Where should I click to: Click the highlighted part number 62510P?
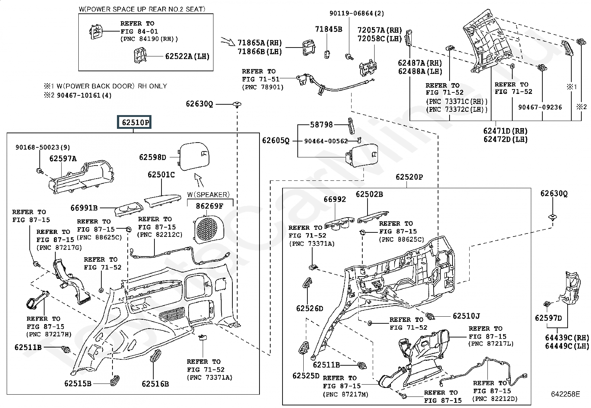pyautogui.click(x=134, y=122)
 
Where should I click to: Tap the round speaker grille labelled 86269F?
pyautogui.click(x=207, y=228)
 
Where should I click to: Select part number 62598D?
pyautogui.click(x=153, y=157)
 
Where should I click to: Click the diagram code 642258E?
pyautogui.click(x=565, y=394)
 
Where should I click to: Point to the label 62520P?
pyautogui.click(x=409, y=177)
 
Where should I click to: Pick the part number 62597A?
pyautogui.click(x=63, y=159)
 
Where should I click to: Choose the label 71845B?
pyautogui.click(x=329, y=29)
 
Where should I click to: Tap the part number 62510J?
pyautogui.click(x=466, y=316)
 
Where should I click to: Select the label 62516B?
pyautogui.click(x=155, y=383)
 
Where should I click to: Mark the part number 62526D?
pyautogui.click(x=310, y=308)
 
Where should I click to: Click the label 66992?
pyautogui.click(x=334, y=199)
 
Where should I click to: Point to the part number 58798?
pyautogui.click(x=321, y=125)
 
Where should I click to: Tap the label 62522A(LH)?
pyautogui.click(x=187, y=56)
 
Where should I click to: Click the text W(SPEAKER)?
pyautogui.click(x=208, y=195)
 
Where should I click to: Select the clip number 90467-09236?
pyautogui.click(x=540, y=107)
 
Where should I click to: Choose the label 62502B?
pyautogui.click(x=369, y=194)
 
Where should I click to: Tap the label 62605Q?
pyautogui.click(x=275, y=140)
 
